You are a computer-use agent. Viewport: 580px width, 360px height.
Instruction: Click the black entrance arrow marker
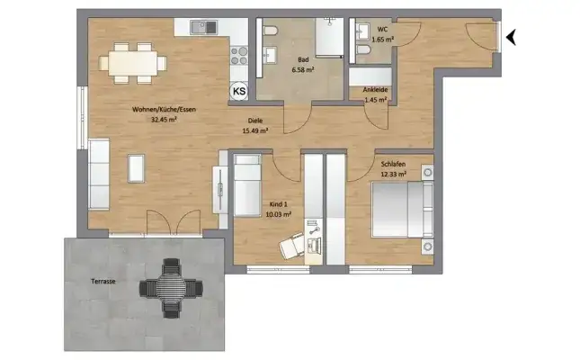tap(513, 37)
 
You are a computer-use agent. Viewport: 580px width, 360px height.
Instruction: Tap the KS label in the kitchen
tap(239, 91)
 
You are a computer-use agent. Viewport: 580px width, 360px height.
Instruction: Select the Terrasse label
tap(103, 282)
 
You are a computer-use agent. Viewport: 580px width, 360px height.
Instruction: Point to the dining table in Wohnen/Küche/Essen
tap(134, 63)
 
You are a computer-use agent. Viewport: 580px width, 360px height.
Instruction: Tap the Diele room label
tap(257, 121)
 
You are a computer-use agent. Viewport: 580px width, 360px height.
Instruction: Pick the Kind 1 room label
tap(275, 206)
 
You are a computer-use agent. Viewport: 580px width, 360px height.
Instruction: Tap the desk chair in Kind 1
tap(292, 243)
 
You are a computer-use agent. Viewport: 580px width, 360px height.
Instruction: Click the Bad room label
tap(302, 59)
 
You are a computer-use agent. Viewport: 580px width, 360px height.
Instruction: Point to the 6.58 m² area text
tap(302, 69)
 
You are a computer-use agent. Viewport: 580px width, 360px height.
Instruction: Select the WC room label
tap(382, 28)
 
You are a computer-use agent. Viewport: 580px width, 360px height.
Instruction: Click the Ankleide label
tap(375, 90)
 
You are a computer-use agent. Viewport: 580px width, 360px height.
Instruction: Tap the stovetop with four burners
tap(239, 57)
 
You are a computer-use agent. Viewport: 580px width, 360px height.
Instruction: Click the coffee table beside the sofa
tap(136, 168)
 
